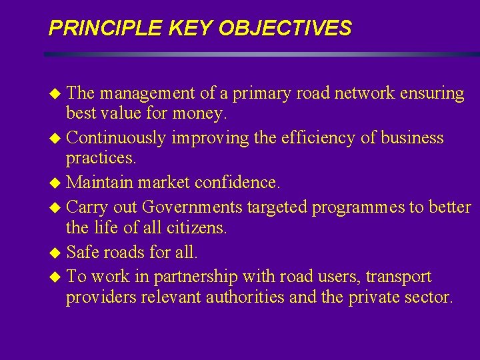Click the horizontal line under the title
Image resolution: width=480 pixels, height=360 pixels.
click(260, 54)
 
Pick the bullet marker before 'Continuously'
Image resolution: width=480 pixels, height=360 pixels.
click(55, 139)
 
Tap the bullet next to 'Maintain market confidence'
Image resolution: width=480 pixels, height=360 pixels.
click(55, 183)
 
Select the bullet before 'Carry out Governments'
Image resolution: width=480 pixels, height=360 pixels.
click(55, 208)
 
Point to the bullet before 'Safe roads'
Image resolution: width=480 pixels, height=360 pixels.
click(55, 253)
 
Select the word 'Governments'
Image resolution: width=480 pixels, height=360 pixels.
click(193, 207)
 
